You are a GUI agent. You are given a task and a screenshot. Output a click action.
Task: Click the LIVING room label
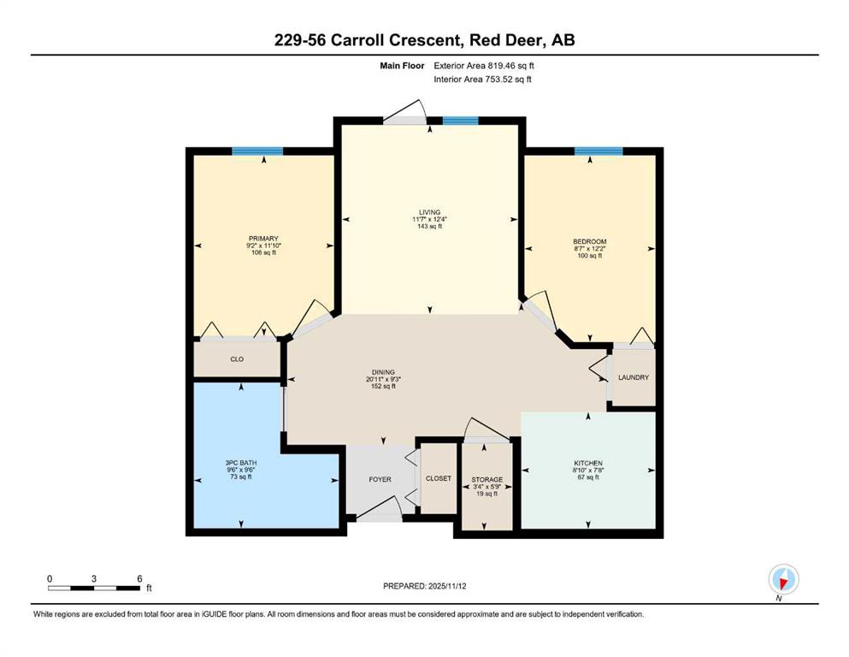(429, 212)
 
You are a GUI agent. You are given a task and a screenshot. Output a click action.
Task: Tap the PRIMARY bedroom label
(263, 239)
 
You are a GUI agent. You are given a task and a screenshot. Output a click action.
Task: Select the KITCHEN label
(588, 463)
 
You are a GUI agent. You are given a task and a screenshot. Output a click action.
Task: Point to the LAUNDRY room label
(633, 377)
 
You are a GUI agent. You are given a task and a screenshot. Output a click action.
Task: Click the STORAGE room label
(486, 479)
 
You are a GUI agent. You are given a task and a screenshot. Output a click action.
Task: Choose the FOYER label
(380, 479)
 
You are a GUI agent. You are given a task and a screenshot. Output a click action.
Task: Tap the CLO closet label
(237, 359)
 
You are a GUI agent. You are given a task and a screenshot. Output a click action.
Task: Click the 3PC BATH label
(241, 463)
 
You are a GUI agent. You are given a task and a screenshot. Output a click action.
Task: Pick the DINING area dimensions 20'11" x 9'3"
(383, 379)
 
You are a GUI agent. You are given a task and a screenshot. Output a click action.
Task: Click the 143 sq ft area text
(429, 227)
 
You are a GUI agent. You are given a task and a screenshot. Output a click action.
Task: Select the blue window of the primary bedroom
(257, 151)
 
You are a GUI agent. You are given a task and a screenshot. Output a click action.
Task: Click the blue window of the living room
(460, 121)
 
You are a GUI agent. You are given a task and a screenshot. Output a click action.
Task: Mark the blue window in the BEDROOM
(598, 151)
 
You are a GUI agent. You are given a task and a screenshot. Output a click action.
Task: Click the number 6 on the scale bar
(139, 578)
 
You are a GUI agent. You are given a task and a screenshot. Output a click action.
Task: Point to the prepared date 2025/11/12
(446, 586)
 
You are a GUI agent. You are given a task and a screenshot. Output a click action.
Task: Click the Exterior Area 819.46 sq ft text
(484, 66)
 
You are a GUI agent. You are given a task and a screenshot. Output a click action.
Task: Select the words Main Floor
(402, 66)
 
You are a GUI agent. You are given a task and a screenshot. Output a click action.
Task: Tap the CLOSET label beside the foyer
(438, 478)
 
